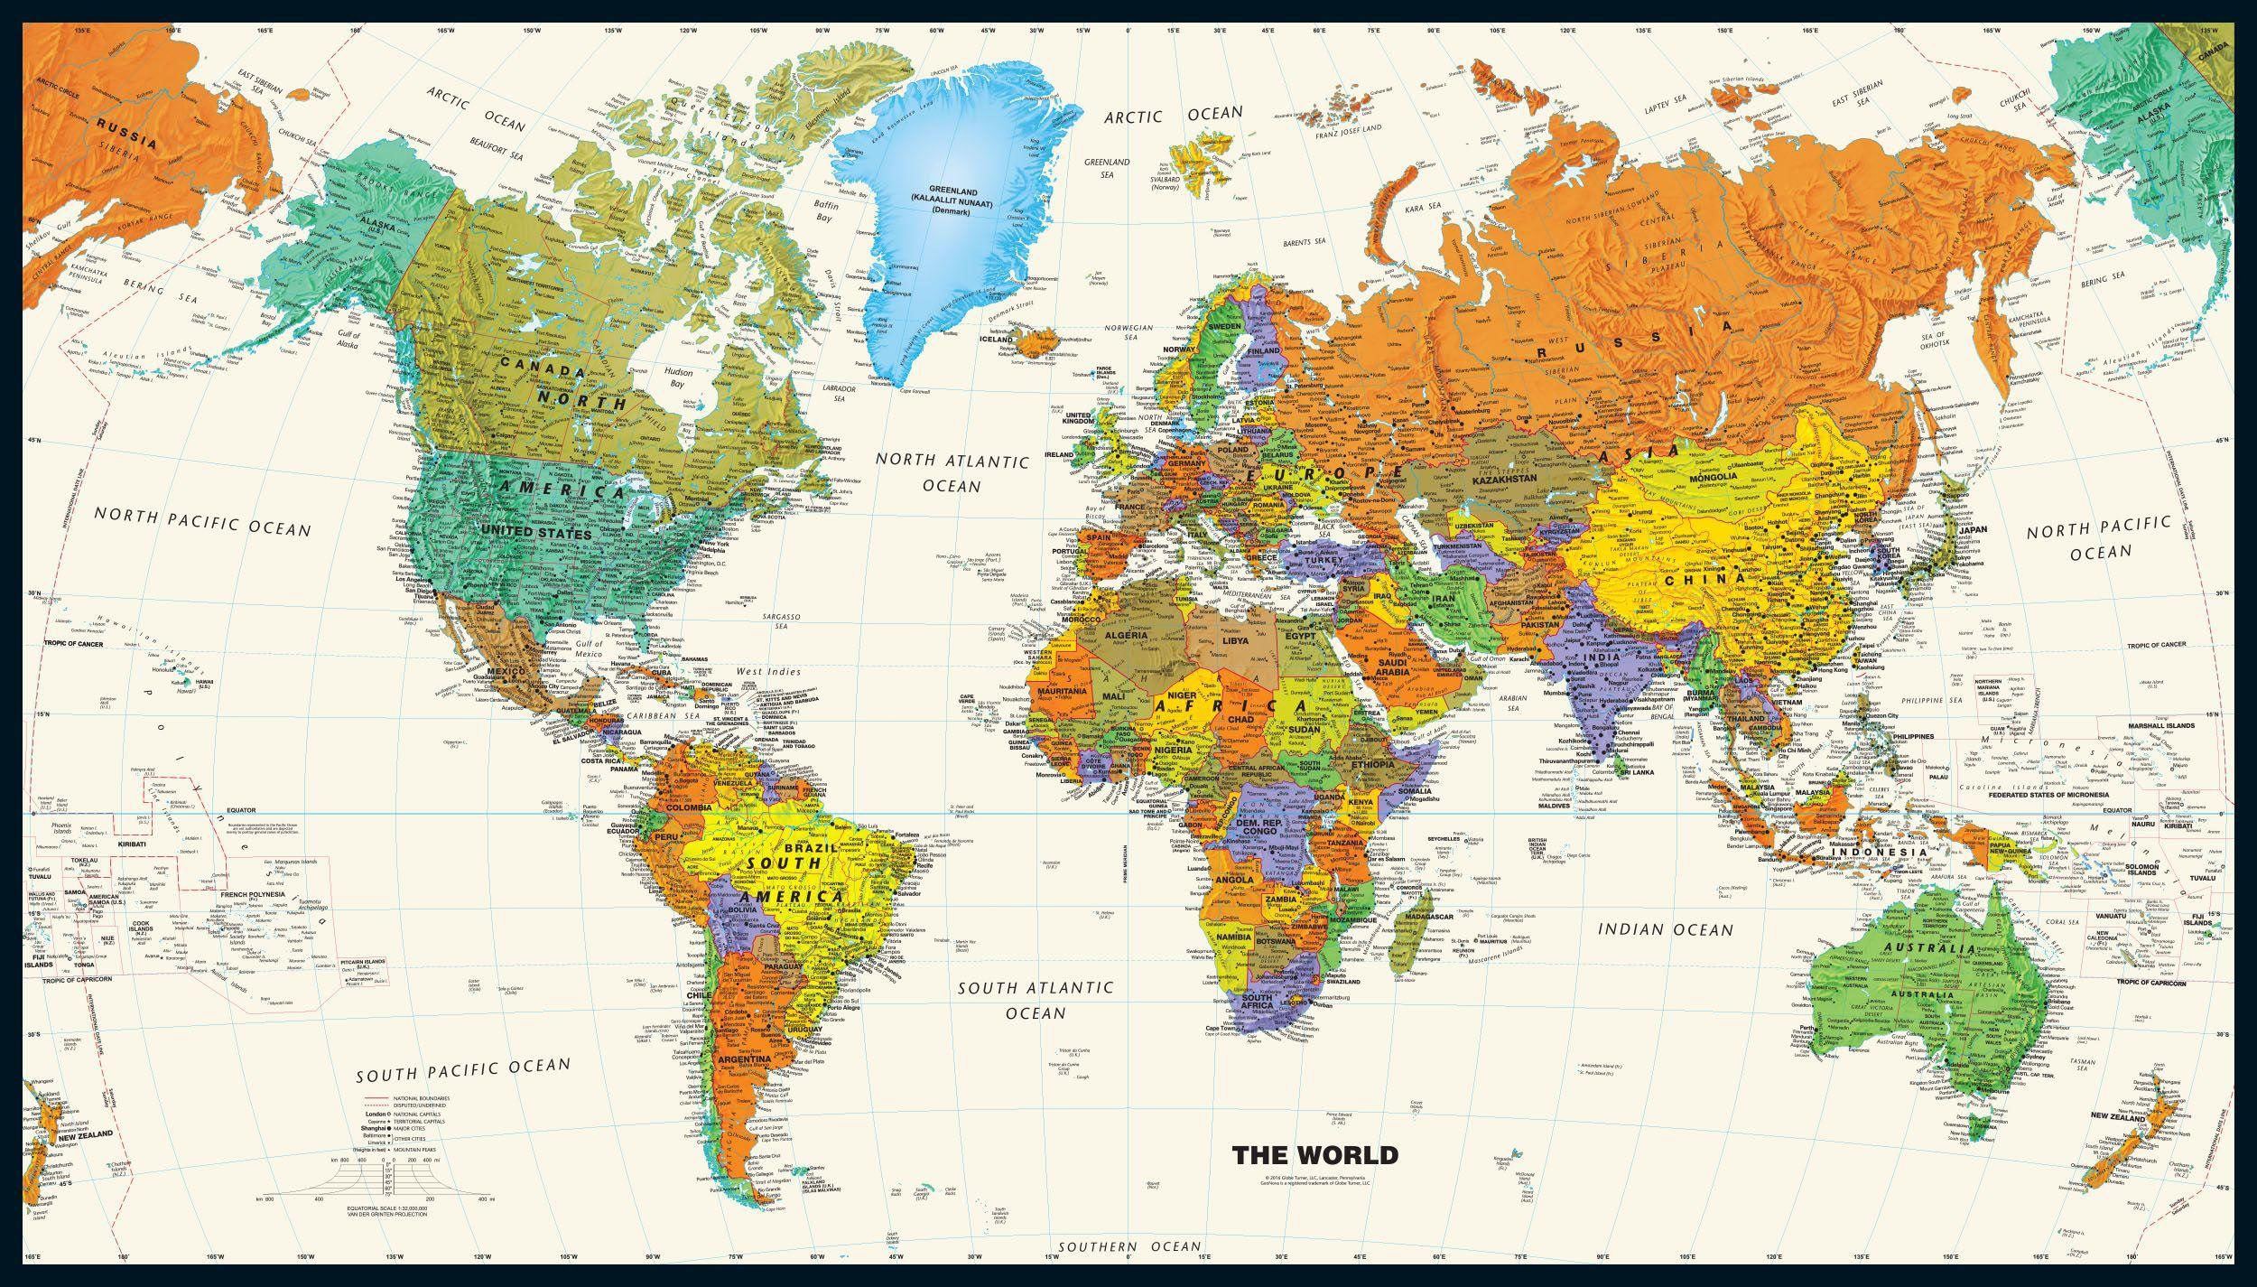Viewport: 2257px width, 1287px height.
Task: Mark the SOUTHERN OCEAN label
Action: [x=1129, y=1247]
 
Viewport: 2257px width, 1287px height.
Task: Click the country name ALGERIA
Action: [x=1125, y=636]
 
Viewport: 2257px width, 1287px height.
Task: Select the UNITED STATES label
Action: [x=536, y=534]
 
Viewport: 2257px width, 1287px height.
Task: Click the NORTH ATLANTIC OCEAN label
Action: [x=952, y=473]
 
